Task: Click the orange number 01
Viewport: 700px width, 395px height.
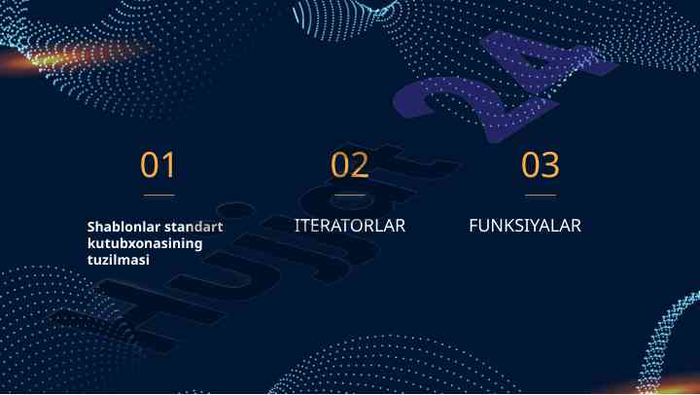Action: pos(157,164)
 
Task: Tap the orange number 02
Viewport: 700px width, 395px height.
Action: pos(350,164)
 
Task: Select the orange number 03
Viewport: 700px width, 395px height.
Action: pos(541,164)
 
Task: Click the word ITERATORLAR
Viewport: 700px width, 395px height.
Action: pos(350,225)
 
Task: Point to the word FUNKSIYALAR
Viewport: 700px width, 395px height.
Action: pos(525,225)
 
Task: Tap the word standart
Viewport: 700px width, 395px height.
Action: pos(193,227)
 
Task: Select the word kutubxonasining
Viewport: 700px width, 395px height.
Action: pos(145,244)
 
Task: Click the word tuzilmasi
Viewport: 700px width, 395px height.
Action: pos(119,260)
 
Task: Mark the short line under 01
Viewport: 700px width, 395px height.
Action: pos(158,196)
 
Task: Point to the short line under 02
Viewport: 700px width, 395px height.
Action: pos(350,196)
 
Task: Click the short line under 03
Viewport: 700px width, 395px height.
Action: pos(541,196)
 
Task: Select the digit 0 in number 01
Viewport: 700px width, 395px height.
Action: pos(150,164)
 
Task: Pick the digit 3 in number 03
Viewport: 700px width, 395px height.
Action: pos(550,164)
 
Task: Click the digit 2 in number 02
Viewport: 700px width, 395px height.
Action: pos(361,164)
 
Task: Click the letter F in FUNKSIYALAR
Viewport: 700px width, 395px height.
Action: pos(473,225)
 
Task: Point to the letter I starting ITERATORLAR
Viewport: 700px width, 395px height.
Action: pos(297,225)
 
